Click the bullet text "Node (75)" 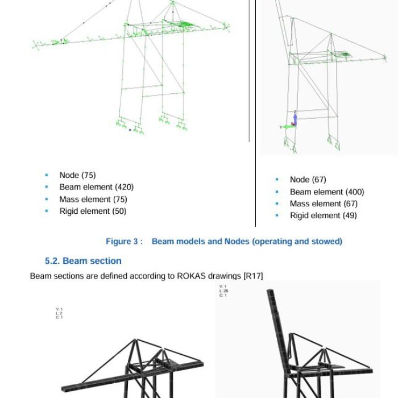pyautogui.click(x=77, y=175)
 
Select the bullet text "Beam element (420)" pyautogui.click(x=96, y=187)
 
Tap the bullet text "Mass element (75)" pyautogui.click(x=93, y=199)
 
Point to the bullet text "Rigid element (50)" pyautogui.click(x=93, y=211)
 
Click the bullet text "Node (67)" pyautogui.click(x=308, y=180)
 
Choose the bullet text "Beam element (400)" pyautogui.click(x=326, y=192)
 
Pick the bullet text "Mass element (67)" pyautogui.click(x=323, y=204)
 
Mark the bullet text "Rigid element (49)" pyautogui.click(x=323, y=215)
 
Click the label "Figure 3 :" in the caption pyautogui.click(x=124, y=242)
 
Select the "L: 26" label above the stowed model pyautogui.click(x=223, y=291)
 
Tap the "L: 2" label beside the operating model pyautogui.click(x=59, y=313)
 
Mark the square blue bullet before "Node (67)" pyautogui.click(x=277, y=180)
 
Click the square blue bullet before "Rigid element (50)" pyautogui.click(x=47, y=211)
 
